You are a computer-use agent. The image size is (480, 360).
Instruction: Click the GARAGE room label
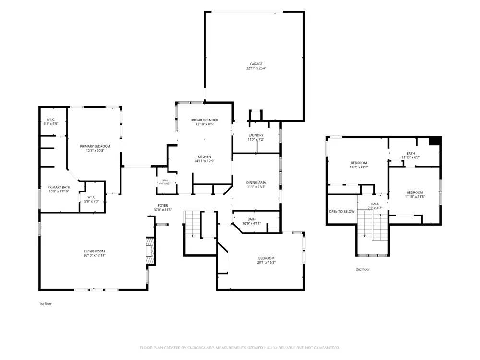coord(256,64)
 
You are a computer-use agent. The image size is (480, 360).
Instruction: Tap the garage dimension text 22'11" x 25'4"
coord(256,68)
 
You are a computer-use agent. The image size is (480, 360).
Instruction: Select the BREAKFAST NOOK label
coord(204,120)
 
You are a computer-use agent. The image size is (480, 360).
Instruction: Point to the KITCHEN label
coord(204,157)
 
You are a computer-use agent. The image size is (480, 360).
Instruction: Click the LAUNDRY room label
coord(256,135)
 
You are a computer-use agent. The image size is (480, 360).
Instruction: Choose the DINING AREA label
coord(256,183)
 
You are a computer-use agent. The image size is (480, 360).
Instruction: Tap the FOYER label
coord(163,206)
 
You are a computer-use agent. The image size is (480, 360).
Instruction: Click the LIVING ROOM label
coord(94,252)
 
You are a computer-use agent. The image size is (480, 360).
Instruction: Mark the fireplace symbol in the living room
coord(150,252)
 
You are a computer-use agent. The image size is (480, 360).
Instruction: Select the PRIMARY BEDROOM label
coord(95,146)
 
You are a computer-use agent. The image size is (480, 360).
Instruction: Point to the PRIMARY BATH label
coord(59,187)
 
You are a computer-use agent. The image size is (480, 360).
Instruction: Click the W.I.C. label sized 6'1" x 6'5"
coord(50,120)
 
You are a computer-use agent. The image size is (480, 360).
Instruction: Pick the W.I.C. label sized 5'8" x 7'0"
coord(92,197)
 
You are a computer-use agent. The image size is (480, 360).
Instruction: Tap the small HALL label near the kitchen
coord(165,180)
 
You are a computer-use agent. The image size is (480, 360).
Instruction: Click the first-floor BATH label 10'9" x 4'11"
coord(252,219)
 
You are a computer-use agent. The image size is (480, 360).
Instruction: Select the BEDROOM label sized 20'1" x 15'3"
coord(266,258)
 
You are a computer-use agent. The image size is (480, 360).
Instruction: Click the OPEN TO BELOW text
coord(342,212)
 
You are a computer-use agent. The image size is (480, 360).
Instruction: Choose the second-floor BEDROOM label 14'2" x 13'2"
coord(359,163)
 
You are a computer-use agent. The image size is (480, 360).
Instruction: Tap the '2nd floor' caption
coord(362,269)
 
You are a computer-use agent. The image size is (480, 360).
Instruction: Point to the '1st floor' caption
coord(45,304)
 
